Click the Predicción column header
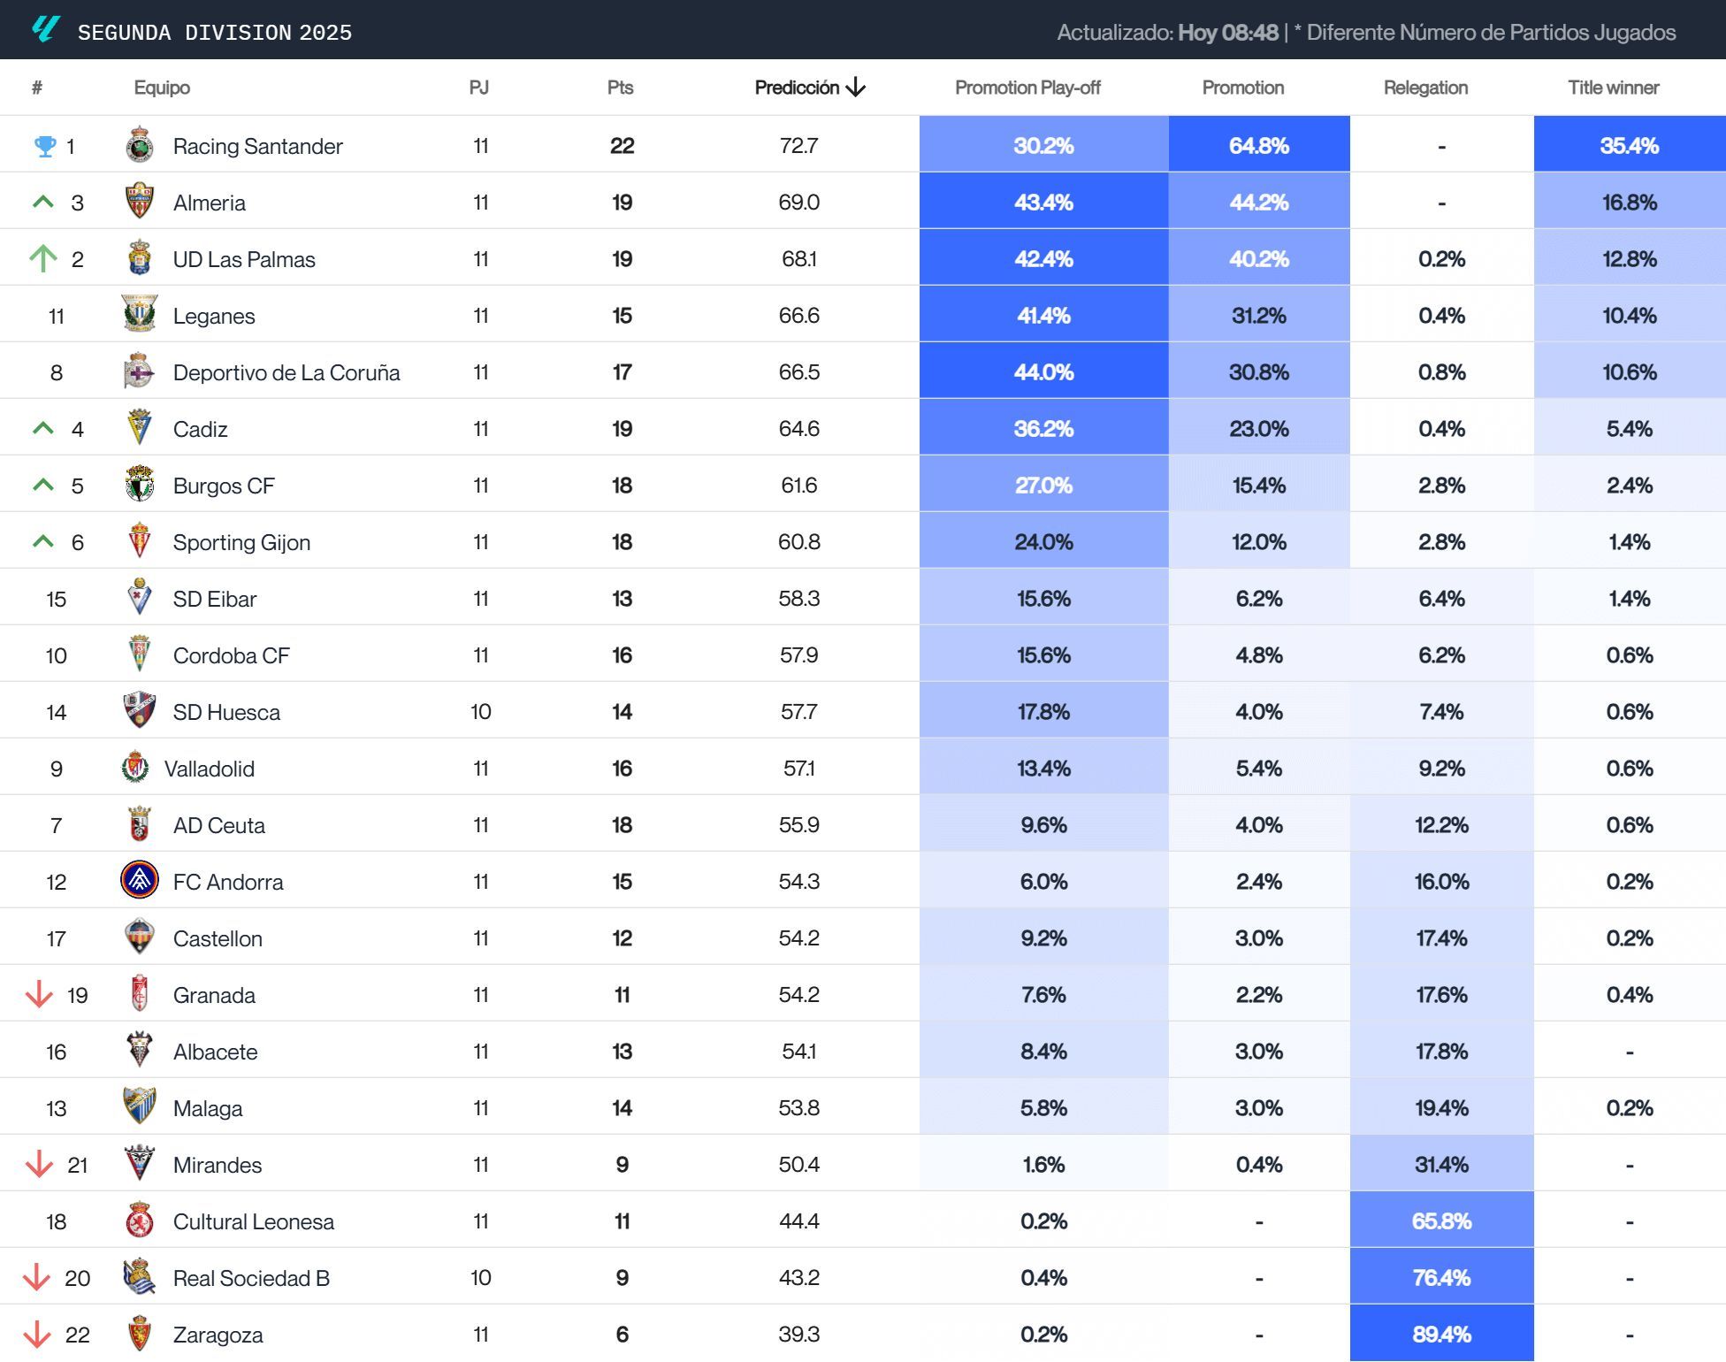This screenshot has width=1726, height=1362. coord(809,88)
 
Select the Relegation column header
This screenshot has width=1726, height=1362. coord(1425,88)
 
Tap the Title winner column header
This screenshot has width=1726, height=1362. coord(1613,88)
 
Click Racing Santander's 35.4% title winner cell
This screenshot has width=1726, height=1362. coord(1629,146)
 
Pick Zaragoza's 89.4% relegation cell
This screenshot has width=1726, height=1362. coord(1441,1334)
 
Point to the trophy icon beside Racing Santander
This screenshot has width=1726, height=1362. coord(44,146)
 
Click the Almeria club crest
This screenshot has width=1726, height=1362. coord(140,202)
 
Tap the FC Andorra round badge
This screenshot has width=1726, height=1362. coord(140,880)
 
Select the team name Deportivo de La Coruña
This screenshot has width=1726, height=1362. coord(286,372)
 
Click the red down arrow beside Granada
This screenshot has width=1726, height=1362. coord(39,994)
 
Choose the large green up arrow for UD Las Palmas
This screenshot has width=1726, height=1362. coord(42,258)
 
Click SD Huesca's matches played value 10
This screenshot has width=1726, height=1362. coord(480,712)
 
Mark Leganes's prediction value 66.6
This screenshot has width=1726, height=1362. coord(798,316)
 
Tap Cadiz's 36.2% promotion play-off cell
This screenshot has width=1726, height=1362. coord(1043,429)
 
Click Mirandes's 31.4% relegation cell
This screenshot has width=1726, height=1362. coord(1441,1164)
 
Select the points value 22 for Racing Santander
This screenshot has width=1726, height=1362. coord(622,146)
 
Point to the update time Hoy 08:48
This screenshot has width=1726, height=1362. coord(1227,33)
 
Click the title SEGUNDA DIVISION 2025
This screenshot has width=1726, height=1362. coord(215,33)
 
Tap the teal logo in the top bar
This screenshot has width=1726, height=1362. coord(45,29)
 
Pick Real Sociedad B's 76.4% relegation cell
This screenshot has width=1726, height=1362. coord(1441,1277)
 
